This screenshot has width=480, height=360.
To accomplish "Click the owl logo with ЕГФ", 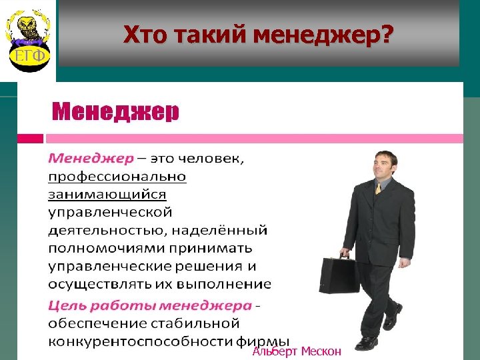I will click(x=27, y=40).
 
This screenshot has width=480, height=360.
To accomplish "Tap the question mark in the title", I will click(x=387, y=34).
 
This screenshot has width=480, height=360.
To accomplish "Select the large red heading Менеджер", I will click(x=116, y=111).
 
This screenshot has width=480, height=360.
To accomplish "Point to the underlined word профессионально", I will click(x=117, y=177).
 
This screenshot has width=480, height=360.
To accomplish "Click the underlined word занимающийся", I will click(x=107, y=195).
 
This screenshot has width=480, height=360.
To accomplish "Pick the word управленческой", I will click(x=110, y=213).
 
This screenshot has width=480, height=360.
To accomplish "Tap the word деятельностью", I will click(x=101, y=231).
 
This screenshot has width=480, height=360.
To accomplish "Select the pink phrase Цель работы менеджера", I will click(x=150, y=305).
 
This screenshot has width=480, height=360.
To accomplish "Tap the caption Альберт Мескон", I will click(x=297, y=351).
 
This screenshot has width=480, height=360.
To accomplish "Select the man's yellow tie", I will click(x=378, y=189).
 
